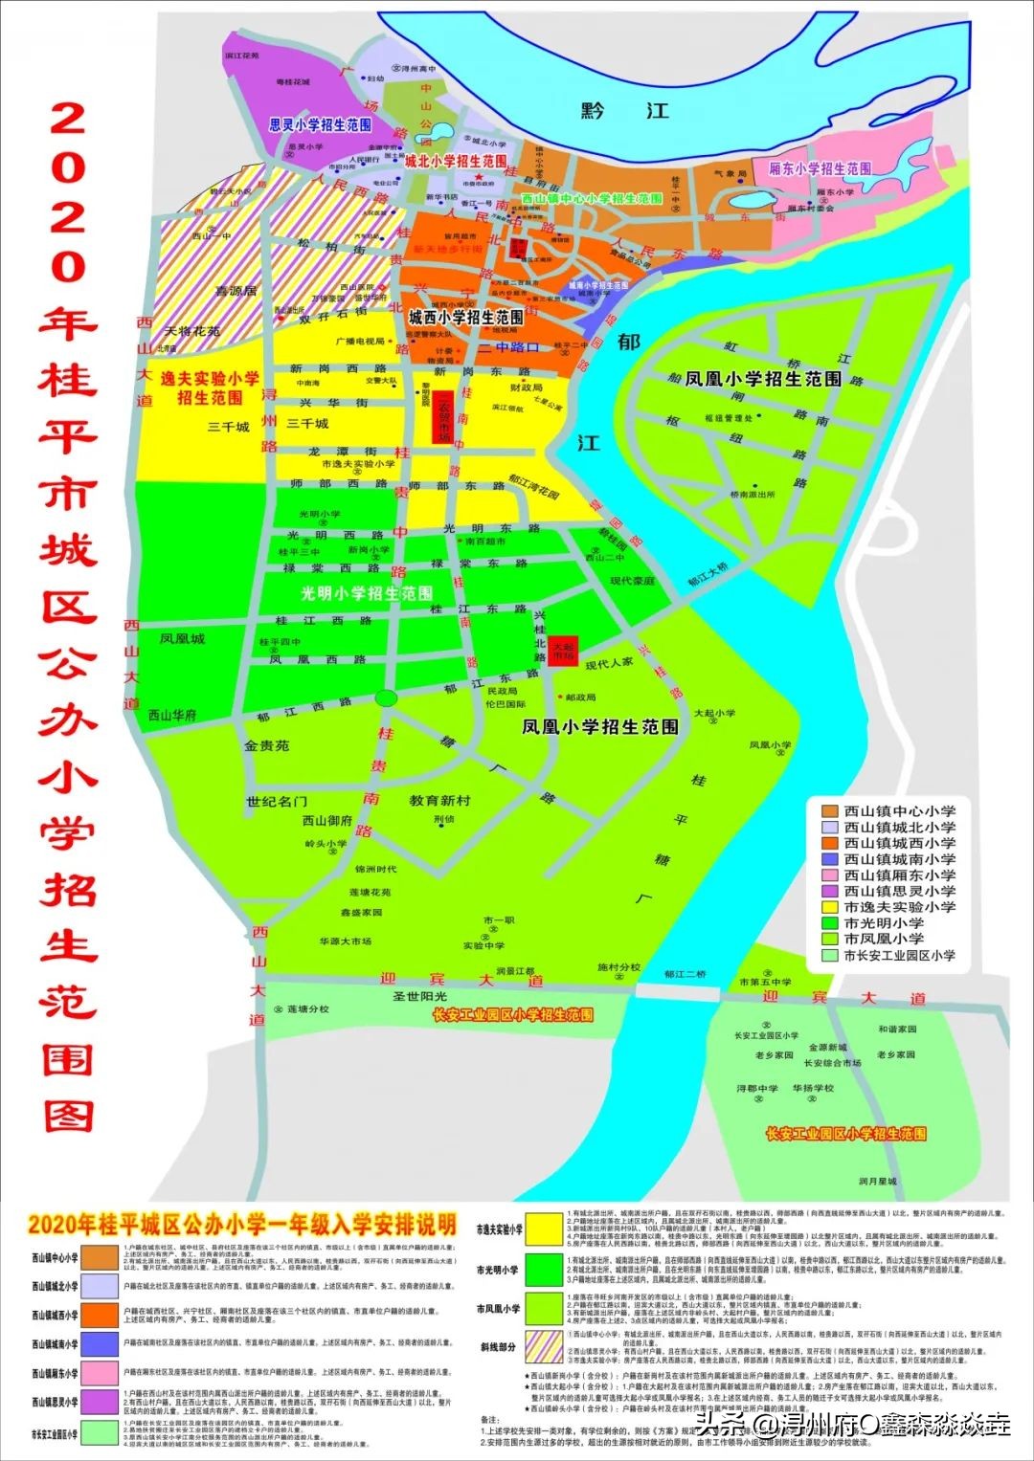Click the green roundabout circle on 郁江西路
click(x=386, y=697)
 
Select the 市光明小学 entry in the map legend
click(x=884, y=923)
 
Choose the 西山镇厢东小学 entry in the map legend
click(x=899, y=875)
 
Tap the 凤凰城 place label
click(x=182, y=638)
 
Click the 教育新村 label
click(x=439, y=800)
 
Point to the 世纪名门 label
click(x=277, y=801)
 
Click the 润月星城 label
click(x=877, y=1181)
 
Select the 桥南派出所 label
click(x=753, y=495)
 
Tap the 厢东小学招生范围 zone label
click(x=820, y=168)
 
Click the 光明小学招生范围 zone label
click(x=367, y=593)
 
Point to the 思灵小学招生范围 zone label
click(x=320, y=125)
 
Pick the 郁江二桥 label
click(x=686, y=974)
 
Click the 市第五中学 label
click(x=765, y=982)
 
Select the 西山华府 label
click(x=172, y=715)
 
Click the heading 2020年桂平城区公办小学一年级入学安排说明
click(x=243, y=1225)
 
